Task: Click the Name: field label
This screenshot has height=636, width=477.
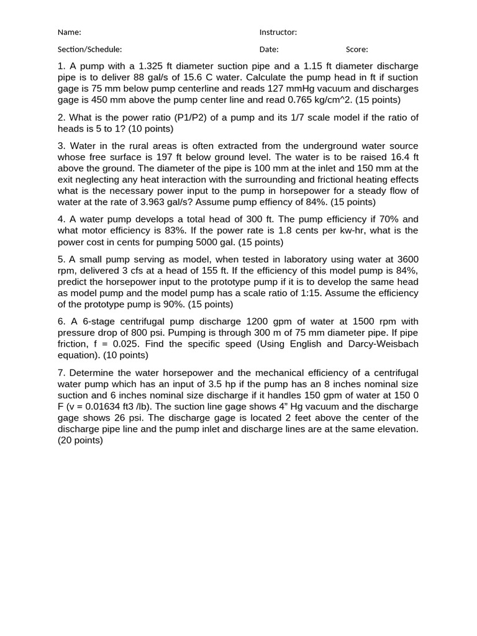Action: (x=69, y=32)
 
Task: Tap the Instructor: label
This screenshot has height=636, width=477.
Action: (x=278, y=32)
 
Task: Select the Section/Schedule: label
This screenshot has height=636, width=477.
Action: (x=89, y=50)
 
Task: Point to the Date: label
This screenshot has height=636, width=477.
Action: (x=268, y=50)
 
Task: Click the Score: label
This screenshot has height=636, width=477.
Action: (x=357, y=50)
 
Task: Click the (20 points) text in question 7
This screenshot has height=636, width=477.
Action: (x=80, y=440)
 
